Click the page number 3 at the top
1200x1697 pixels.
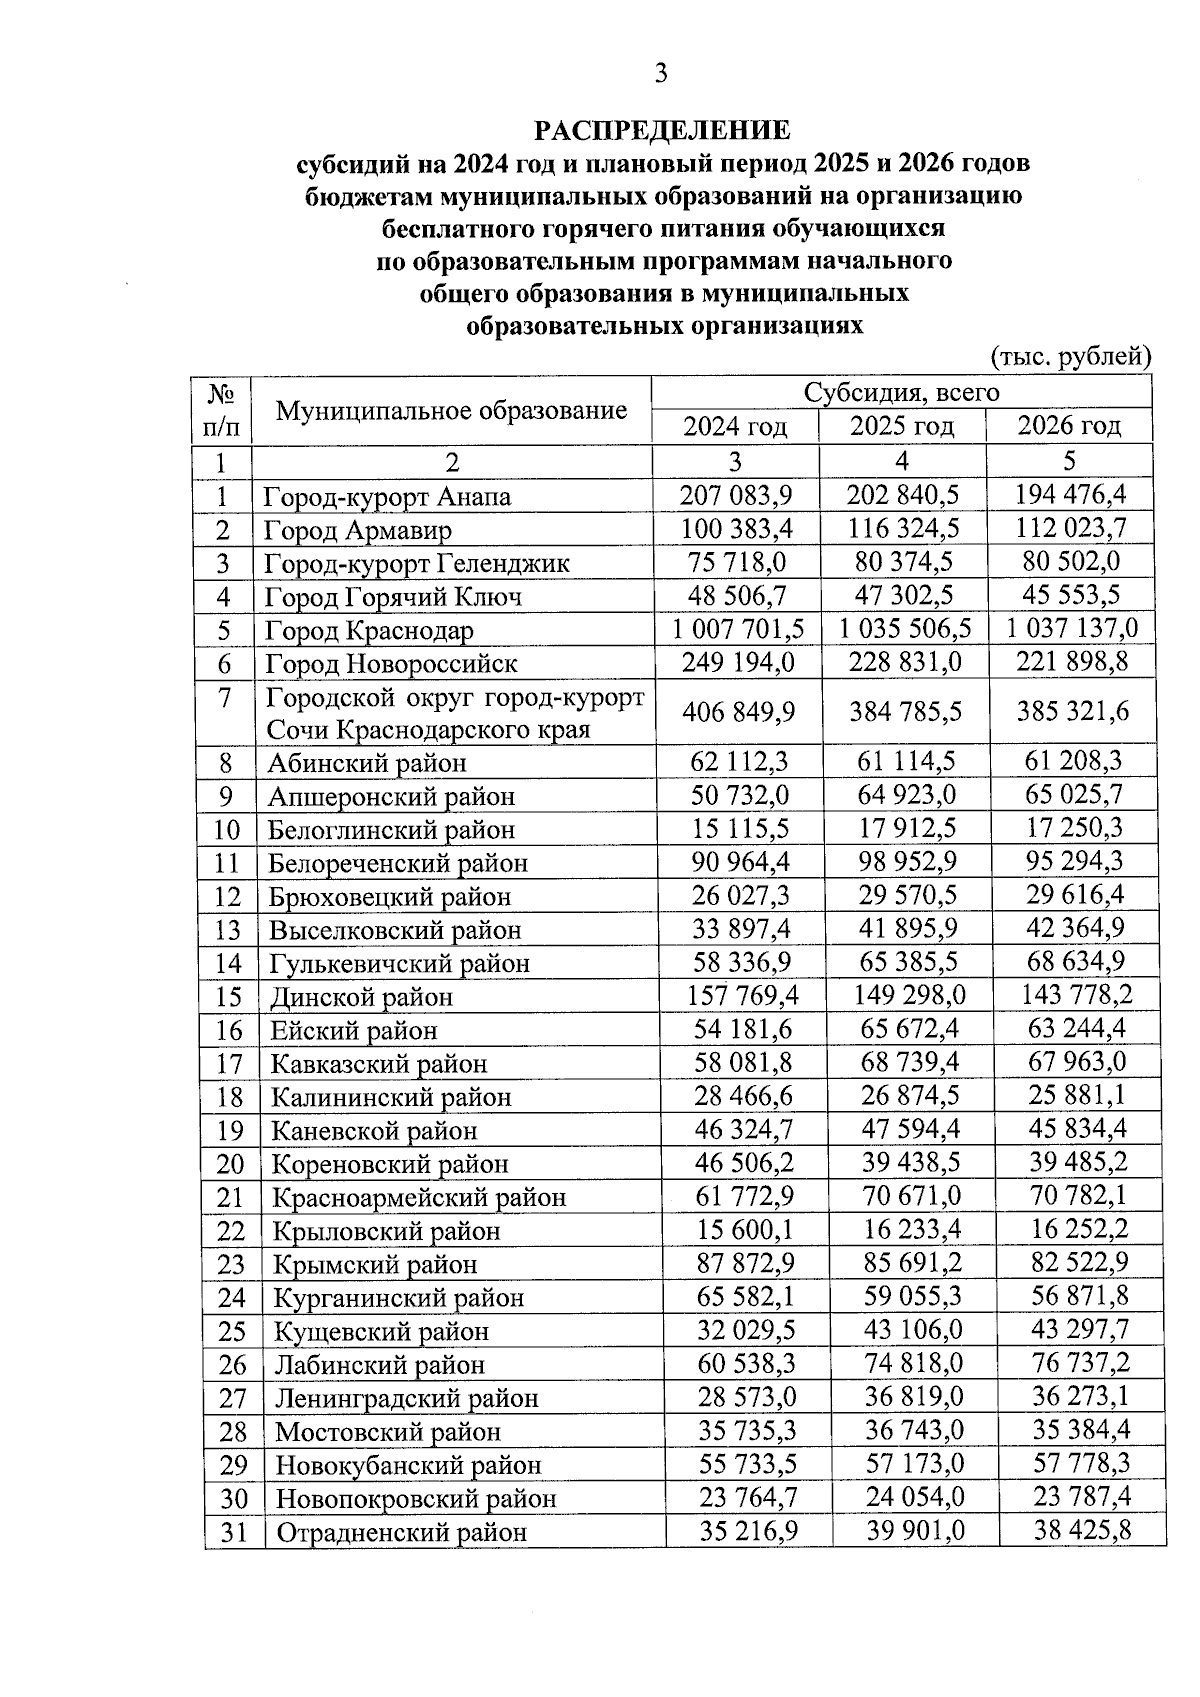click(660, 72)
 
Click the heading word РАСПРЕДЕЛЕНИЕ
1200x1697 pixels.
click(662, 131)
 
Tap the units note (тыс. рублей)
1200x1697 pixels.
click(1071, 356)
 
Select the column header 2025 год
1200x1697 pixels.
click(902, 426)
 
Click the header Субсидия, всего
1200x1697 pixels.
click(901, 392)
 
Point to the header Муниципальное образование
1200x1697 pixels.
click(451, 410)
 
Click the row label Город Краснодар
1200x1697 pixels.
click(369, 631)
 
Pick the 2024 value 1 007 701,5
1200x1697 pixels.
click(737, 629)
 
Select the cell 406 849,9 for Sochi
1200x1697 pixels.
click(738, 711)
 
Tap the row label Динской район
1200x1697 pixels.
click(361, 997)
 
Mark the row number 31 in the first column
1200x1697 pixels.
click(233, 1532)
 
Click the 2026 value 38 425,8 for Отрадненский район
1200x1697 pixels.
click(1081, 1529)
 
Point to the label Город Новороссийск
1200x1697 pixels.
click(391, 664)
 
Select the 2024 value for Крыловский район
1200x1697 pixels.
click(743, 1230)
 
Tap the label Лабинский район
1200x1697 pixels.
click(379, 1365)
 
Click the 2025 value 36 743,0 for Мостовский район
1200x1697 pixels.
click(912, 1430)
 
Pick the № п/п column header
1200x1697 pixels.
click(221, 410)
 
